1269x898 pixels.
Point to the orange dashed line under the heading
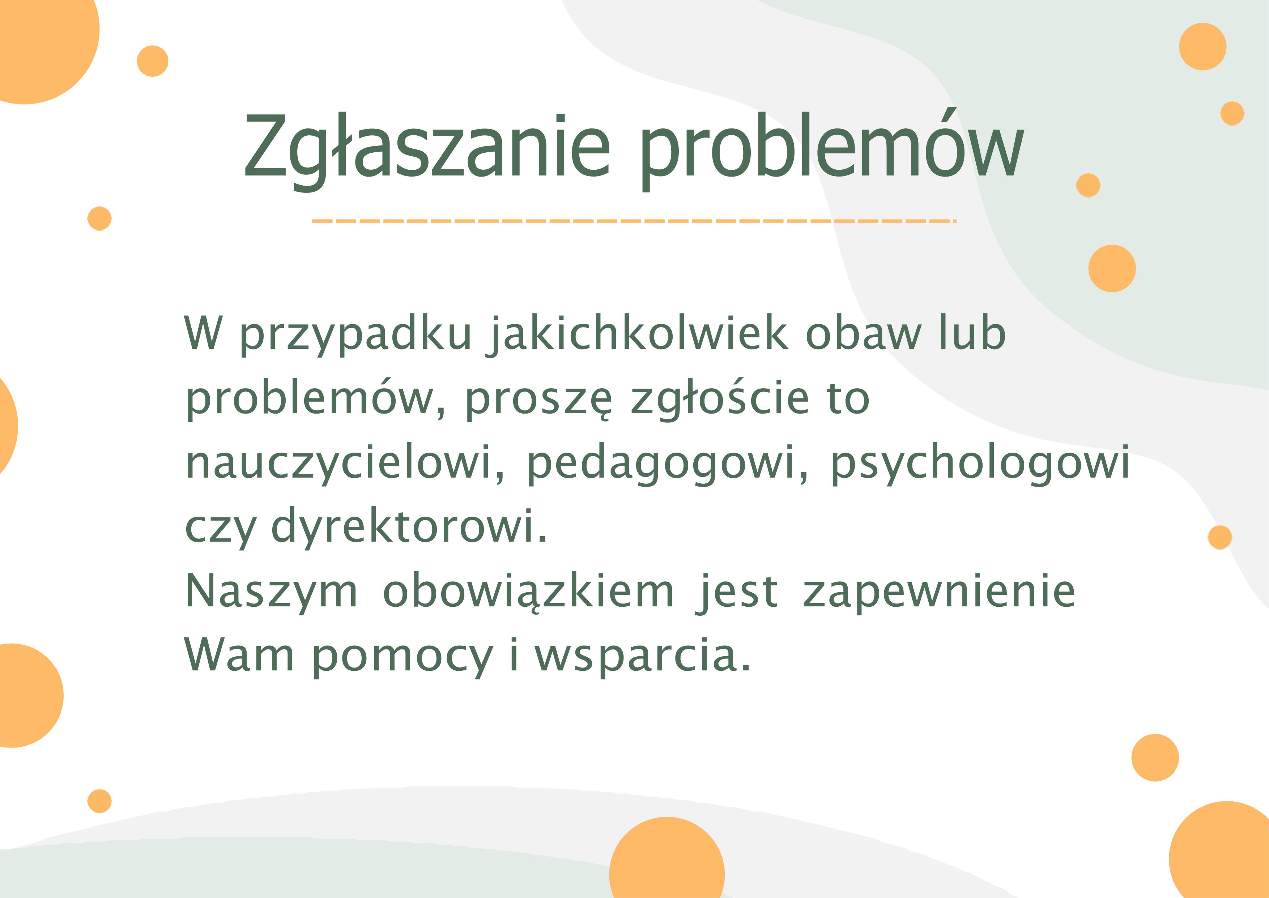[x=634, y=221]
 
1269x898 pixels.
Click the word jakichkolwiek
[x=637, y=335]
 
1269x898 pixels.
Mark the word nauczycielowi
[x=344, y=463]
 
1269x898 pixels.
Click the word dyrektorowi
[x=409, y=527]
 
